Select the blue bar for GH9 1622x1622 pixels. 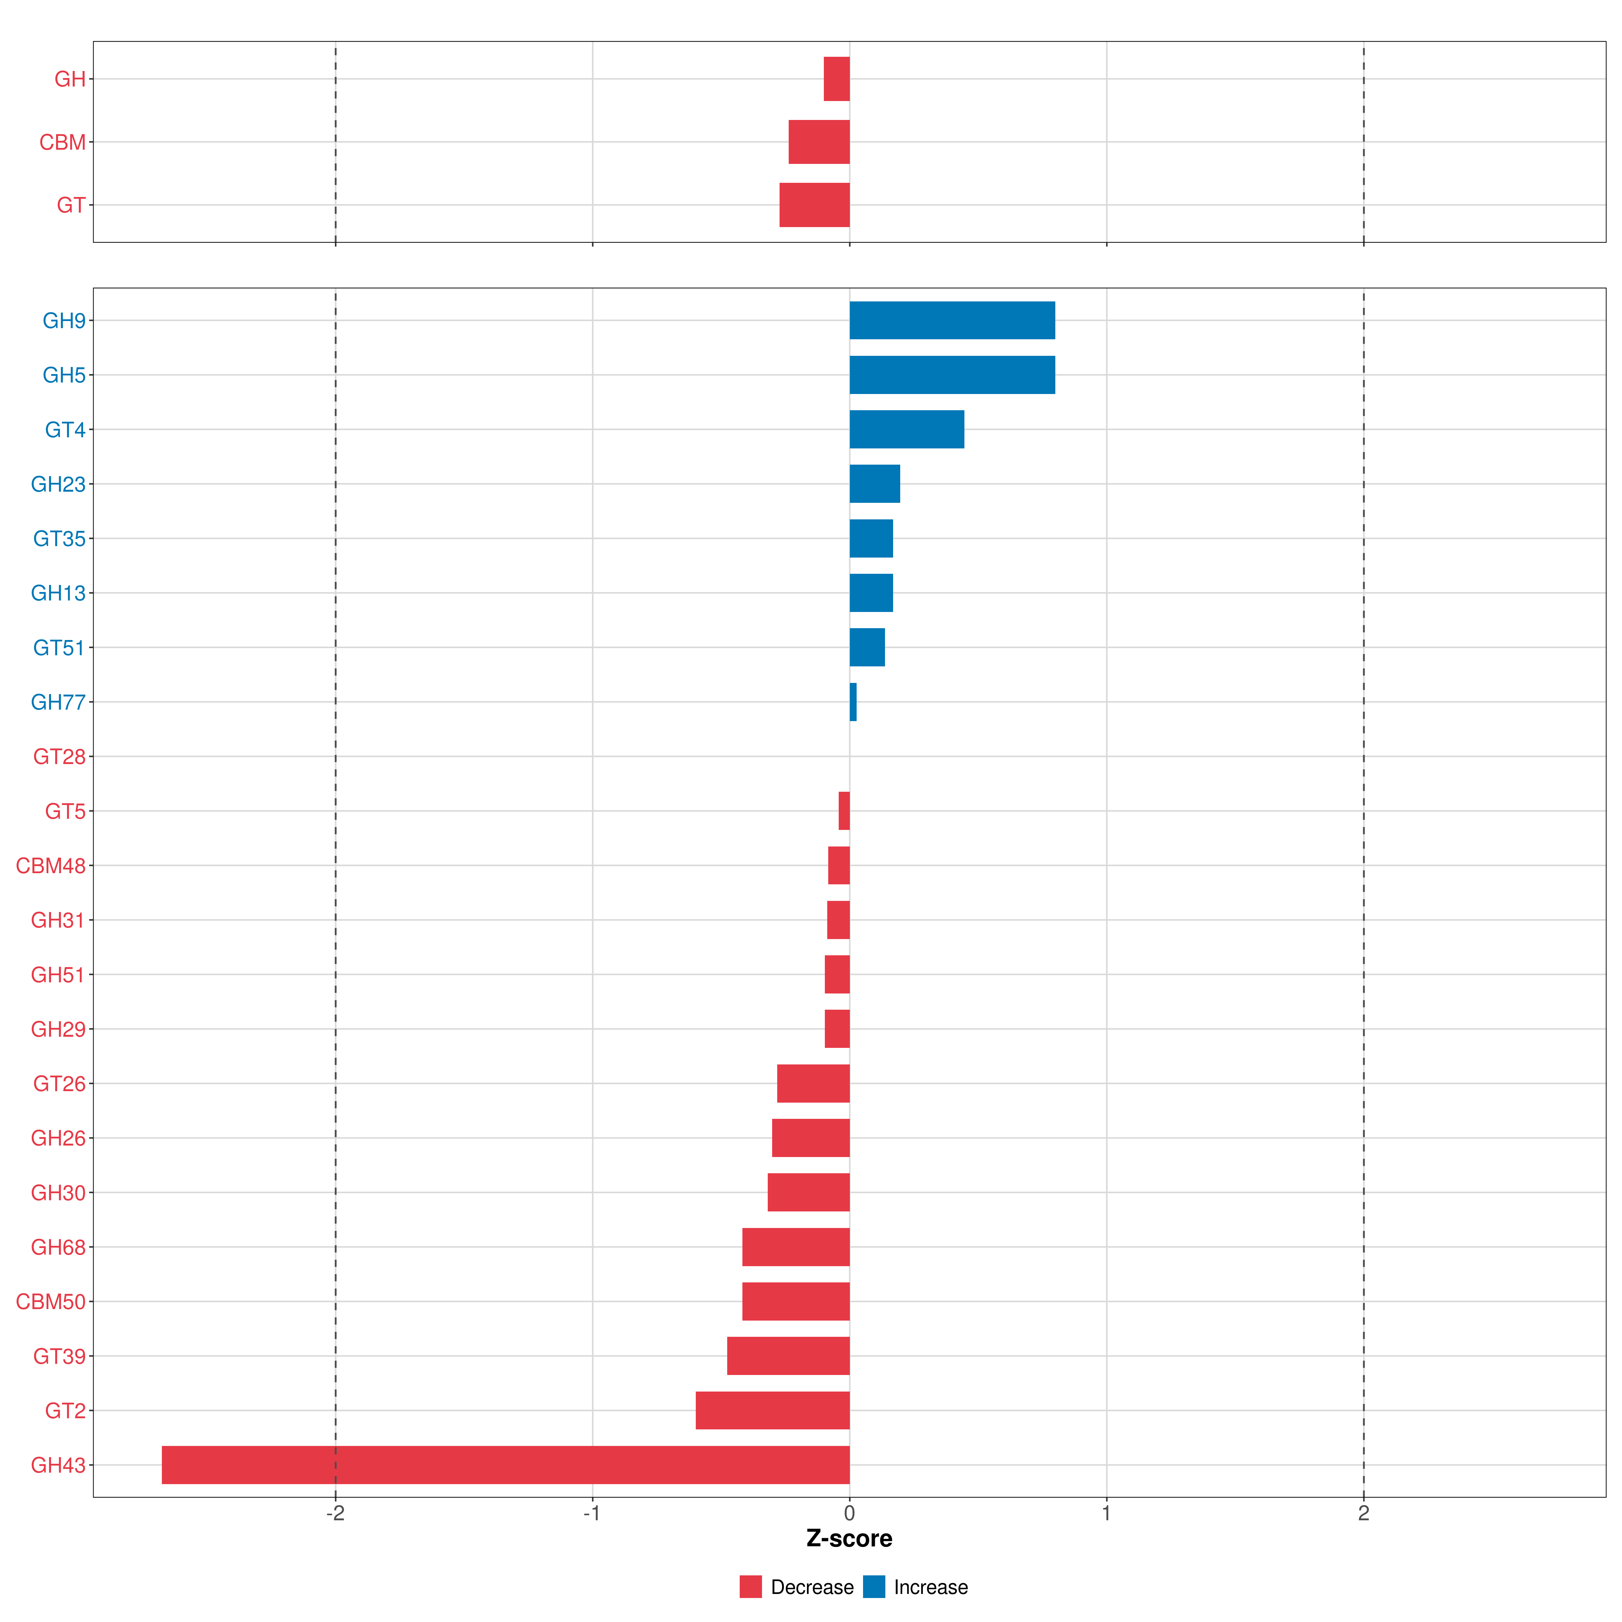click(x=952, y=321)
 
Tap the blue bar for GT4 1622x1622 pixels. click(x=907, y=430)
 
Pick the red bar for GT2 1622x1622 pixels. click(x=772, y=1410)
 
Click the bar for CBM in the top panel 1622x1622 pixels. click(x=818, y=142)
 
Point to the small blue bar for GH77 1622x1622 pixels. click(x=853, y=702)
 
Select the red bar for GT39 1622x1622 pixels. click(x=788, y=1356)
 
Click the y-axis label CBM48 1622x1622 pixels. click(x=50, y=865)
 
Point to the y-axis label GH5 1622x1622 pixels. click(x=64, y=375)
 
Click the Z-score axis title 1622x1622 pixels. click(x=849, y=1539)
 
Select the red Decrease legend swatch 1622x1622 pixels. click(x=751, y=1587)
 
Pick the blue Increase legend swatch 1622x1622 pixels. click(x=874, y=1587)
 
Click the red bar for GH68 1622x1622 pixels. click(x=796, y=1247)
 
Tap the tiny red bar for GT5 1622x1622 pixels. click(x=844, y=811)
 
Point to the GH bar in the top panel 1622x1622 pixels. click(x=836, y=79)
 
